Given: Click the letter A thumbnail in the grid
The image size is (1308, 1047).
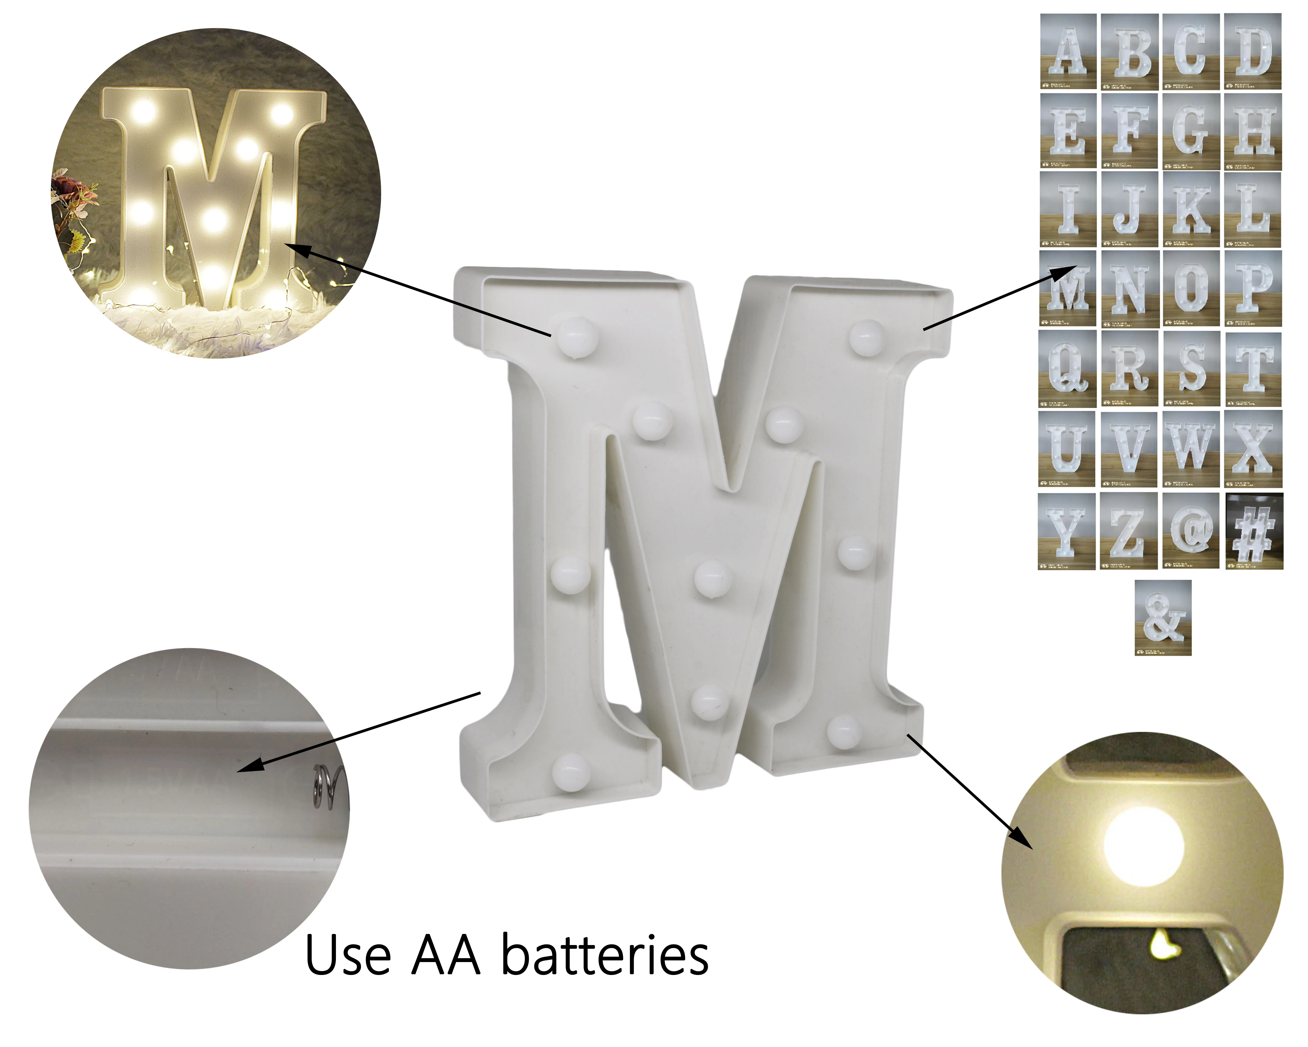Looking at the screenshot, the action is (x=1068, y=52).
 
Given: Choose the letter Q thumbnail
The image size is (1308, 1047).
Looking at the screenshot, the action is (x=1068, y=368).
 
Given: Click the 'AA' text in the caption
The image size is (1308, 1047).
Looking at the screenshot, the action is (x=446, y=956).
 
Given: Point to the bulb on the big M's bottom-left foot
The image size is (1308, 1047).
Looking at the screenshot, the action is (x=570, y=771).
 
